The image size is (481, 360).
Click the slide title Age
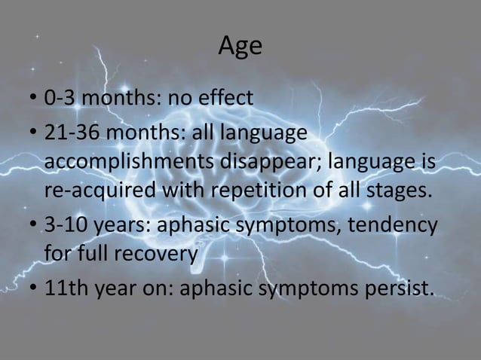tap(240, 47)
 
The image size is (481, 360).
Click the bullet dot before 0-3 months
tap(33, 99)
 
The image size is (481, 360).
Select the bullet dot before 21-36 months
tap(33, 134)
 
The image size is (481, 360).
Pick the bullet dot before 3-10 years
tap(33, 226)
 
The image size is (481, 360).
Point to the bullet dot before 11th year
tap(33, 289)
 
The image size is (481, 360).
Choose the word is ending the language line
tap(428, 161)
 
